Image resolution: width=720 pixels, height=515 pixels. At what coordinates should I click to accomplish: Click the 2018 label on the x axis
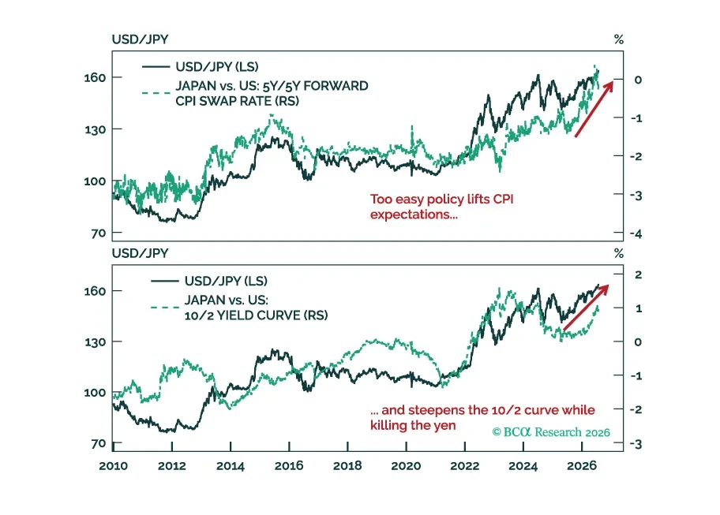[x=347, y=466]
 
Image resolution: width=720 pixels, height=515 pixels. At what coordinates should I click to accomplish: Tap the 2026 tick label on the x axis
[x=582, y=466]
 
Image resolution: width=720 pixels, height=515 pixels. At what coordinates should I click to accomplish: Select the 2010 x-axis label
[x=113, y=466]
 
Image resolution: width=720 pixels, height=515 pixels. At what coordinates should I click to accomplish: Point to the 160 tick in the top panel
[x=95, y=77]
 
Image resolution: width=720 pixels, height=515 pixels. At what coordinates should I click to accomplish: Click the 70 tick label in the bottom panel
[x=98, y=444]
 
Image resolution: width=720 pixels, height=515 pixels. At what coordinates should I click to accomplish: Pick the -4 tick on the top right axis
[x=636, y=234]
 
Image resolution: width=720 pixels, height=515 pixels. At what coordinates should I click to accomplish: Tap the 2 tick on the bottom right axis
[x=638, y=274]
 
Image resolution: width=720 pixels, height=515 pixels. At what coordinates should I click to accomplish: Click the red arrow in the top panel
[x=594, y=108]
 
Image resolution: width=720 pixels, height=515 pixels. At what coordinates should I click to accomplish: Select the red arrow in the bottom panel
[x=586, y=308]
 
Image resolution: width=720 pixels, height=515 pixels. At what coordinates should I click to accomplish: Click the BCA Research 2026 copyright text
[x=551, y=432]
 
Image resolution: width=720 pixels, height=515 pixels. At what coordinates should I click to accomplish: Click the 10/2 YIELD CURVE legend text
[x=257, y=315]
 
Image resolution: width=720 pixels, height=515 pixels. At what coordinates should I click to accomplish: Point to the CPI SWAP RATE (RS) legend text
[x=237, y=101]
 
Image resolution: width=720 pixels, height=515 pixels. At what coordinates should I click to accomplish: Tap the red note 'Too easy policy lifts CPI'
[x=442, y=200]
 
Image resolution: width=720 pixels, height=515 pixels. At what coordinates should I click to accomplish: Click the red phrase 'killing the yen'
[x=413, y=425]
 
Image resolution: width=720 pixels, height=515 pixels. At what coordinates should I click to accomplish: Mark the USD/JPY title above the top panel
[x=140, y=39]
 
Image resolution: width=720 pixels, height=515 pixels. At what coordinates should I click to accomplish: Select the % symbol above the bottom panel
[x=618, y=254]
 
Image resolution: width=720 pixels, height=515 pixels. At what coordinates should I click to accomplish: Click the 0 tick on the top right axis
[x=638, y=80]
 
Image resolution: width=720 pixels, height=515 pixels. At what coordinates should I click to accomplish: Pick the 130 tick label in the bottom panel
[x=95, y=342]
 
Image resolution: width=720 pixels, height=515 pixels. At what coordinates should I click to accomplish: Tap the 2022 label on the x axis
[x=465, y=466]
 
